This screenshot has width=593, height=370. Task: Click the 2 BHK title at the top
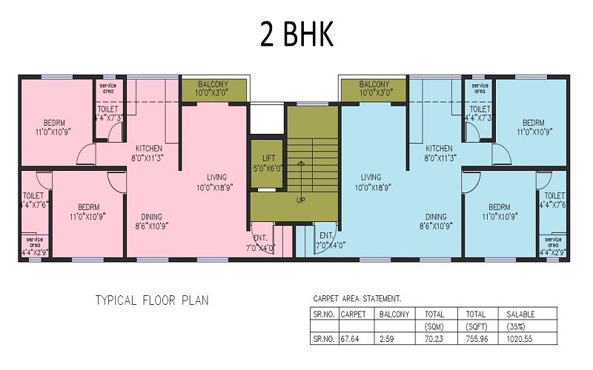(296, 34)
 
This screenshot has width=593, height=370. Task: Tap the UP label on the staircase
(300, 201)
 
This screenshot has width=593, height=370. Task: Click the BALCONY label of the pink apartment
(211, 84)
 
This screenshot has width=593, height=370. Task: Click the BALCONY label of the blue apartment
(375, 84)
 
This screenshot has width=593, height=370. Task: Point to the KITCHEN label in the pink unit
(148, 148)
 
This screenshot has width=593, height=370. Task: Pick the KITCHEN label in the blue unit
(438, 148)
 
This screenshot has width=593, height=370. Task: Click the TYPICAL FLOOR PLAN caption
(151, 300)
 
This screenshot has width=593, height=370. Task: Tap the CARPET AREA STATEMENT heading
(357, 299)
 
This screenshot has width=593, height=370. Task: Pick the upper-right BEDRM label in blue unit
(536, 123)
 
